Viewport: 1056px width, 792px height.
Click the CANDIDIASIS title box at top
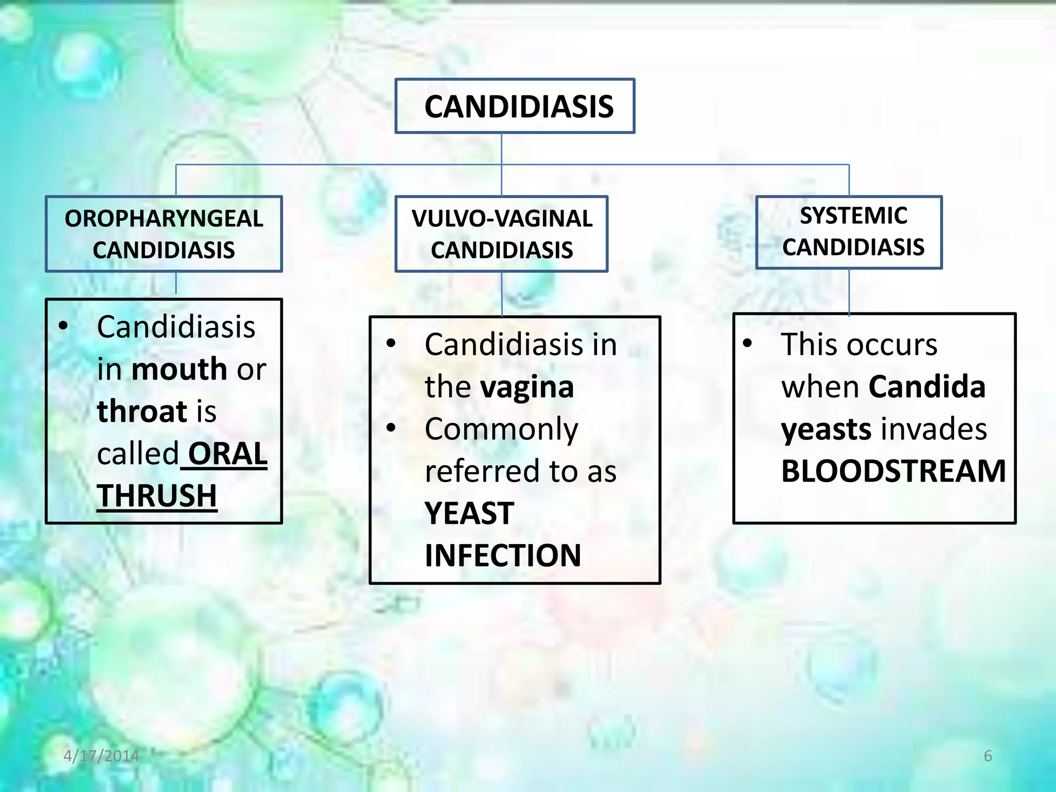(x=515, y=106)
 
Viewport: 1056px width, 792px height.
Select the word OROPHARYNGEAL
(x=164, y=219)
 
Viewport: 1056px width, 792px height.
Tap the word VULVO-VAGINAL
(x=502, y=219)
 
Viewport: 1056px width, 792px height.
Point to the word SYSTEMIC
(x=853, y=216)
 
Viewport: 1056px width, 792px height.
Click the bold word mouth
(x=179, y=369)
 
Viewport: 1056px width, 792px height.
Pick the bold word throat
(x=142, y=411)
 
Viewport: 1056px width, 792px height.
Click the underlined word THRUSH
(x=157, y=496)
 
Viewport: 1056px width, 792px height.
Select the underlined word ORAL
(x=227, y=454)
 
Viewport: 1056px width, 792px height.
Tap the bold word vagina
(x=527, y=387)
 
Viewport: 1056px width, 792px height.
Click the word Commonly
(x=501, y=429)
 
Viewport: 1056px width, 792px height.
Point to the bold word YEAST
(x=469, y=514)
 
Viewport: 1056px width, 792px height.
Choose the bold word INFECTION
(x=503, y=556)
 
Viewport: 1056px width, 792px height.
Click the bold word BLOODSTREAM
(x=893, y=471)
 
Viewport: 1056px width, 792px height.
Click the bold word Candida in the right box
(x=927, y=387)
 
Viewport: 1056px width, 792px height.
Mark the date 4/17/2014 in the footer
(x=101, y=756)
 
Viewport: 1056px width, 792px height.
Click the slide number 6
(x=987, y=756)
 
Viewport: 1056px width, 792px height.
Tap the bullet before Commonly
(x=391, y=428)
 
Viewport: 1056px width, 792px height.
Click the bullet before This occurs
(x=747, y=343)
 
